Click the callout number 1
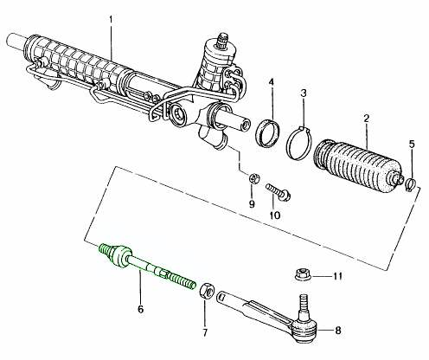(x=110, y=18)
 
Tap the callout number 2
(x=367, y=117)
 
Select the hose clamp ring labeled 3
(x=299, y=138)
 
